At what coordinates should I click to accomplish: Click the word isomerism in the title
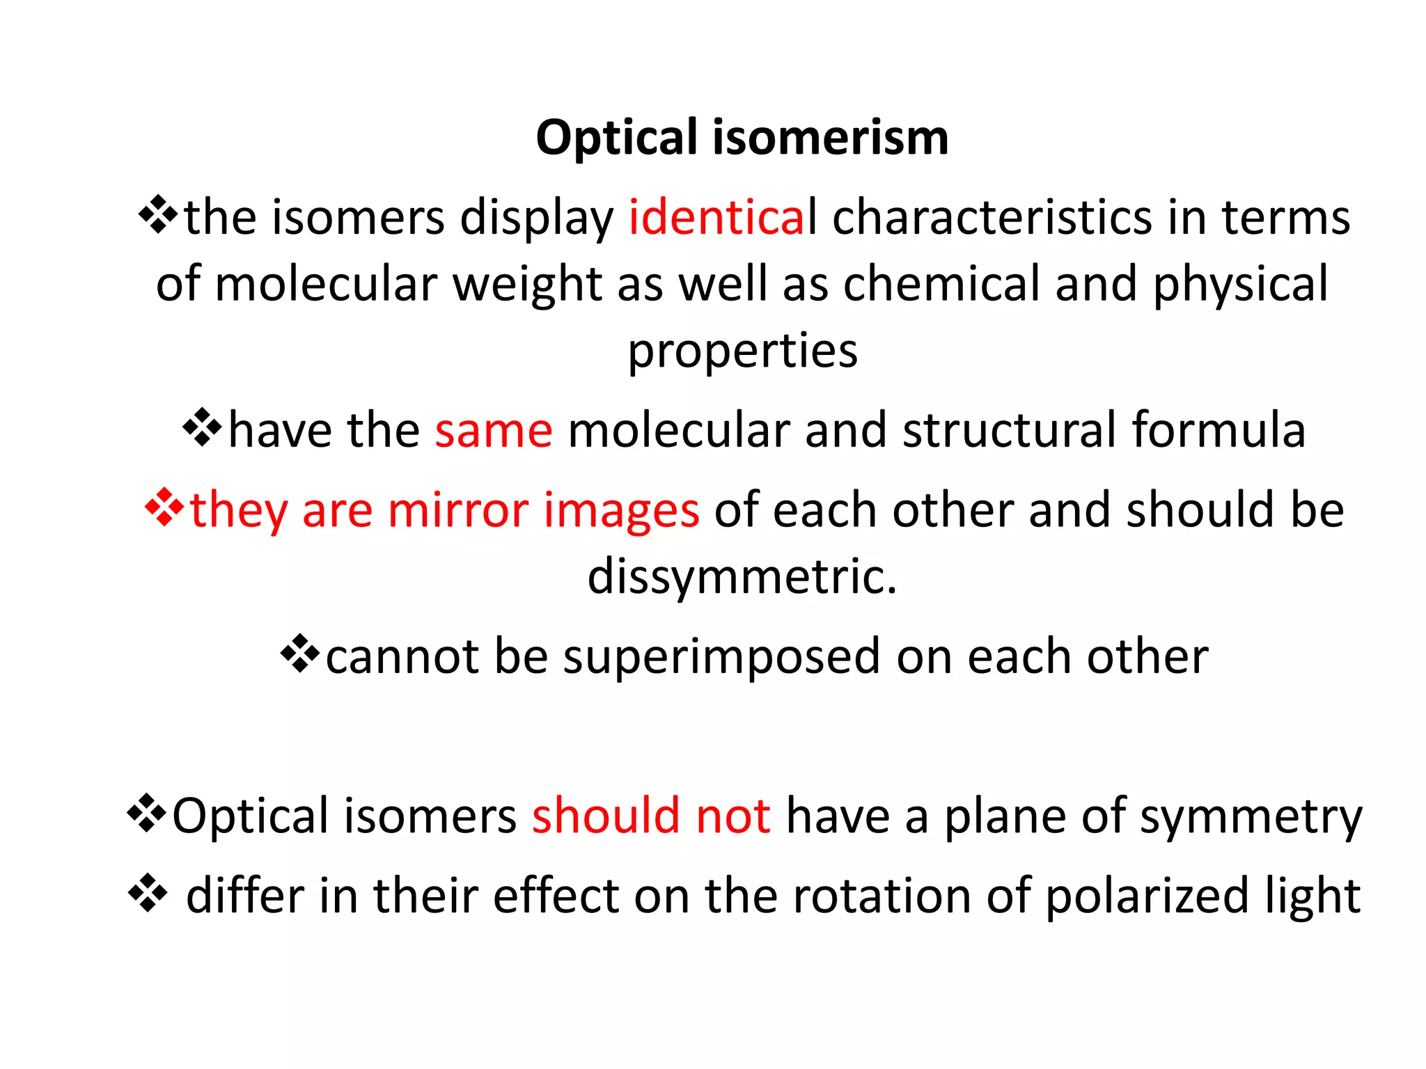pyautogui.click(x=830, y=137)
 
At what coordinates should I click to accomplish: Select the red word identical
pyautogui.click(x=722, y=217)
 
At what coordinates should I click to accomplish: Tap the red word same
pyautogui.click(x=494, y=430)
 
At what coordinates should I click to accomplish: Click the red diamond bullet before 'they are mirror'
pyautogui.click(x=164, y=507)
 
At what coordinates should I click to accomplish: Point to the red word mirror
pyautogui.click(x=457, y=510)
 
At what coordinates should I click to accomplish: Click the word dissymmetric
pyautogui.click(x=742, y=576)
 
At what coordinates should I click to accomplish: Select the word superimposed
pyautogui.click(x=721, y=657)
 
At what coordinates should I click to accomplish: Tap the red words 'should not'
pyautogui.click(x=651, y=815)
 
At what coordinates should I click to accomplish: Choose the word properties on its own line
pyautogui.click(x=743, y=351)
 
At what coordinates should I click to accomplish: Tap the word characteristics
pyautogui.click(x=992, y=217)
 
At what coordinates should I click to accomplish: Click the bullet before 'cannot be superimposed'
pyautogui.click(x=300, y=654)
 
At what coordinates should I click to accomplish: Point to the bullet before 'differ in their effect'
pyautogui.click(x=148, y=892)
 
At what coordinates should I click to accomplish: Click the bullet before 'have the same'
pyautogui.click(x=202, y=427)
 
